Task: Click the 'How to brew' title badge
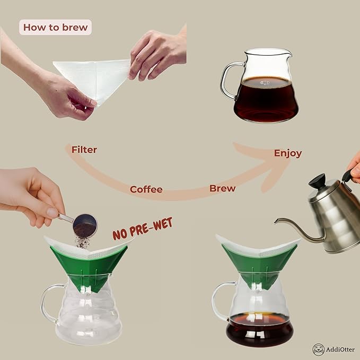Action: click(x=56, y=27)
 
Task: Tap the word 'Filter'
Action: click(x=84, y=150)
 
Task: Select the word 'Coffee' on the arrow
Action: click(x=146, y=189)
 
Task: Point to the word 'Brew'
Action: click(x=223, y=188)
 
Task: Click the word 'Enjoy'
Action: click(x=288, y=153)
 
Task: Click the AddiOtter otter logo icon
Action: click(x=318, y=349)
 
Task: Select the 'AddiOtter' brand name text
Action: click(x=340, y=350)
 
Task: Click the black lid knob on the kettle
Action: click(x=318, y=181)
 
